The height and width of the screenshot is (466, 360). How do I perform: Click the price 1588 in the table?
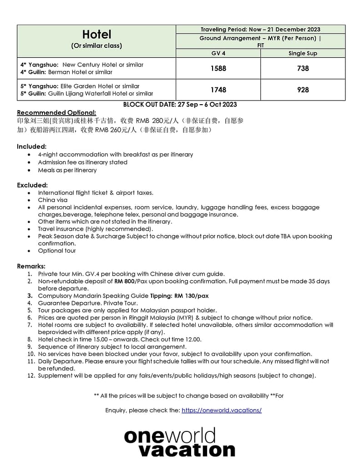pos(218,68)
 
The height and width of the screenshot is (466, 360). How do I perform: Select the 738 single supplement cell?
pos(303,68)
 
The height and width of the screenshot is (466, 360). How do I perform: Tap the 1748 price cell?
pos(218,90)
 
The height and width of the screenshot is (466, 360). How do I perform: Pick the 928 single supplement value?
pos(303,90)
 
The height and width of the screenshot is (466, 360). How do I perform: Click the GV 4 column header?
pos(218,53)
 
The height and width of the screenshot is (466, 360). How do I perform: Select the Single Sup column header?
pos(303,53)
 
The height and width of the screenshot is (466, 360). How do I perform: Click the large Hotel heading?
pos(96,35)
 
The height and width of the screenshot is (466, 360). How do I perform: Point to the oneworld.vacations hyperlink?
pos(221,410)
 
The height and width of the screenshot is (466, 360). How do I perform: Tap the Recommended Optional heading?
pos(56,112)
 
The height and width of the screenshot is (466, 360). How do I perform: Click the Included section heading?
pos(32,147)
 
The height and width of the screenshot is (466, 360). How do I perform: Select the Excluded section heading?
pos(32,185)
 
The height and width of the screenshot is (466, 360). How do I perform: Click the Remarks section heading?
pos(31,266)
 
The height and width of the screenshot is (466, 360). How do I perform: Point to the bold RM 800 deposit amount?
pos(124,281)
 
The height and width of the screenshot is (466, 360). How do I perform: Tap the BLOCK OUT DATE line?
pos(180,105)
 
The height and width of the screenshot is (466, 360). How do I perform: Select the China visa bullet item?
pos(53,200)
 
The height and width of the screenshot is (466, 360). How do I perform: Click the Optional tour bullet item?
pos(57,251)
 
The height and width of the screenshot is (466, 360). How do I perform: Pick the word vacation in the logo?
pos(187,450)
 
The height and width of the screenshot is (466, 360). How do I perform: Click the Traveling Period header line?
pos(260,30)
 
